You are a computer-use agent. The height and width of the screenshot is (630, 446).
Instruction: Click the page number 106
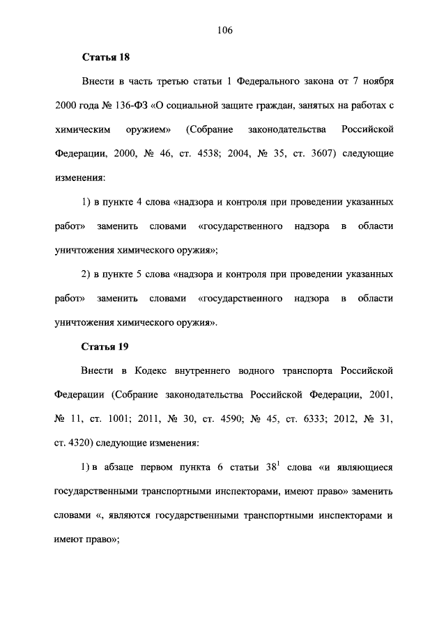pyautogui.click(x=224, y=30)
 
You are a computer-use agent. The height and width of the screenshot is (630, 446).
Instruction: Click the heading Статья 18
pyautogui.click(x=106, y=56)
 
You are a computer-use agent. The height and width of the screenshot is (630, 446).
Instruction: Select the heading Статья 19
pyautogui.click(x=106, y=345)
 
